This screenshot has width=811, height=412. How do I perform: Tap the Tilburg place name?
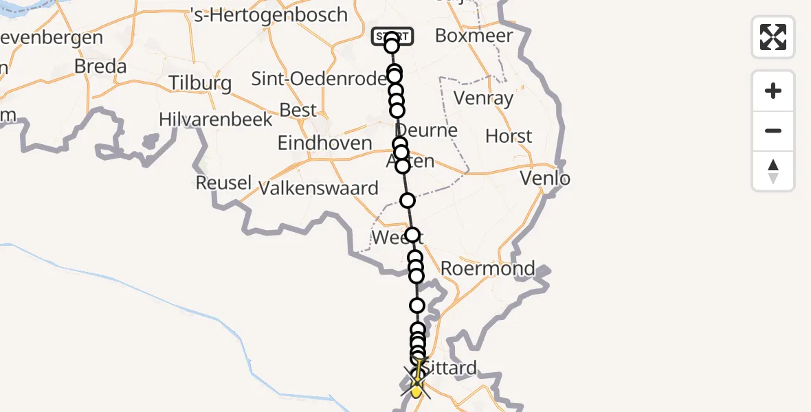201,84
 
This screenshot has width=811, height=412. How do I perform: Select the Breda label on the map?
100,67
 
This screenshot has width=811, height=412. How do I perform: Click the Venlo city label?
545,179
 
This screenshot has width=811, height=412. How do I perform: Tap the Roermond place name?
487,268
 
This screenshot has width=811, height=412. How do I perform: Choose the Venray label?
484,99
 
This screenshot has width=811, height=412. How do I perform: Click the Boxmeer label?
474,36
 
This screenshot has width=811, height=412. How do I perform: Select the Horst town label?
509,136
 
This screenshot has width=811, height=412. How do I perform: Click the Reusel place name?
223,183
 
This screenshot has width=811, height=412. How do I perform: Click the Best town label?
298,110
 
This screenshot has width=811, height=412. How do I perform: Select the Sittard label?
449,368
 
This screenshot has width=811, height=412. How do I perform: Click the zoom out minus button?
773,130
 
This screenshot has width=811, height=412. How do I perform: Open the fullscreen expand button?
773,37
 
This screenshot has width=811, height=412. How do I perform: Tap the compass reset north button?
773,171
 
